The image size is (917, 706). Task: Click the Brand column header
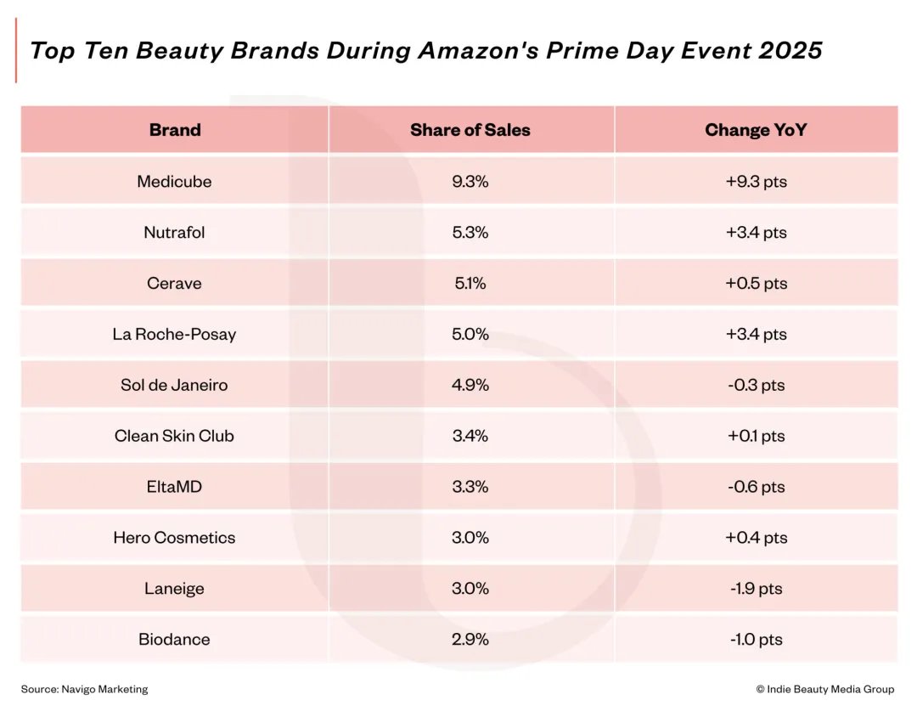(175, 130)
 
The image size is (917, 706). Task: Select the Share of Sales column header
(470, 130)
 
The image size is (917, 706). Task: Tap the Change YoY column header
(756, 130)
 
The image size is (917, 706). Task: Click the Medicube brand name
(174, 181)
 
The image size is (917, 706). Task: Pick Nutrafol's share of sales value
(470, 232)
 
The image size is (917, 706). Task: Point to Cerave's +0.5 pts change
(756, 283)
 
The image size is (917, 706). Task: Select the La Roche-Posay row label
(174, 334)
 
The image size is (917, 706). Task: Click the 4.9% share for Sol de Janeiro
(470, 385)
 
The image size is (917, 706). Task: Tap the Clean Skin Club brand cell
(174, 436)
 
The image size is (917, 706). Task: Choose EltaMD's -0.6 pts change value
(756, 487)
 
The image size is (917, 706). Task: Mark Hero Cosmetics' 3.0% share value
(470, 538)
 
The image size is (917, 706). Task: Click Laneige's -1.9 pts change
(756, 589)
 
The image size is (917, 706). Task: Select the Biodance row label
(174, 640)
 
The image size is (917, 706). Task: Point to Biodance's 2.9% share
(470, 640)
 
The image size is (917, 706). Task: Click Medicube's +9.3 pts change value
(756, 181)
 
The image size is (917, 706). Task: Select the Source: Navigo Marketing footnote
(84, 689)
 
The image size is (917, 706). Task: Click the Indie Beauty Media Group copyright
(824, 689)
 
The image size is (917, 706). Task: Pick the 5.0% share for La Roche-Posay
(470, 334)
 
